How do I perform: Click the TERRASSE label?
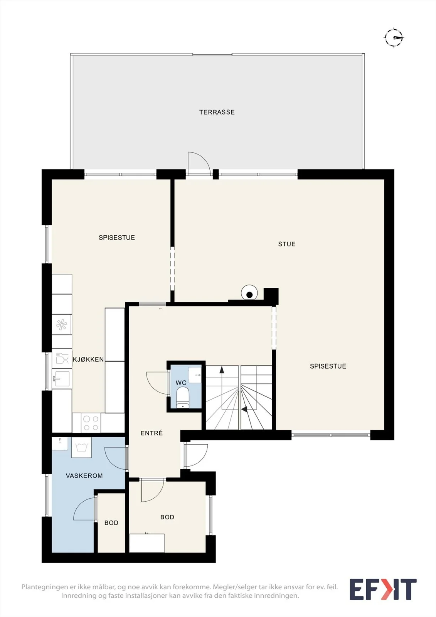(x=217, y=112)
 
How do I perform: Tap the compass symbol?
(x=394, y=37)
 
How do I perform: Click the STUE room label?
(x=287, y=244)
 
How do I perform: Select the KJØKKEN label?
(x=88, y=359)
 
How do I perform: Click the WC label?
(x=181, y=383)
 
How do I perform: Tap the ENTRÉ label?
(x=152, y=433)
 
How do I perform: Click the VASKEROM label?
(x=84, y=476)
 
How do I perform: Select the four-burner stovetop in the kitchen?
(x=91, y=423)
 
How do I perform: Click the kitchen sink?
(x=62, y=378)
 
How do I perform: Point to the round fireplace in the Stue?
(x=249, y=293)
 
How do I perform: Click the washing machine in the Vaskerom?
(x=81, y=447)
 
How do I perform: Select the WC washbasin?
(x=195, y=375)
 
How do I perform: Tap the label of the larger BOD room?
(x=167, y=517)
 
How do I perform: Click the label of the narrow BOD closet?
(x=111, y=523)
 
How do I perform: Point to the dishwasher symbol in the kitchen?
(x=62, y=358)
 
